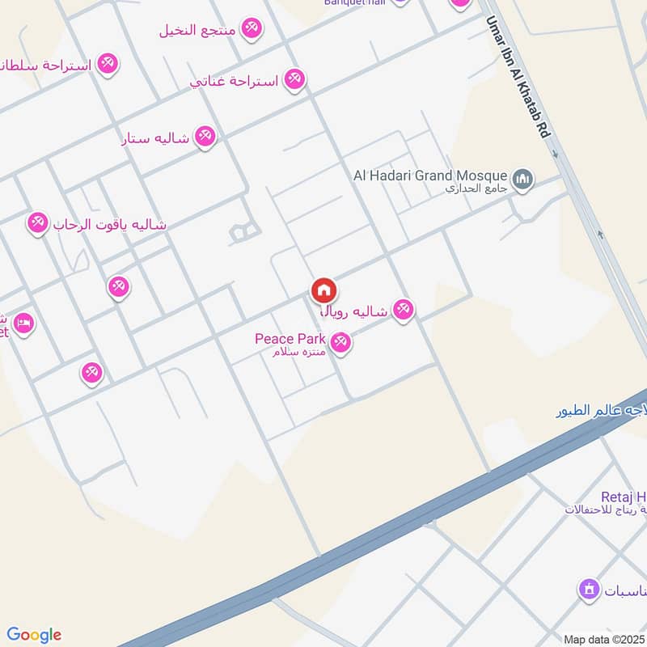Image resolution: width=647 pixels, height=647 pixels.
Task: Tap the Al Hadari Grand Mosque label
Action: (x=430, y=175)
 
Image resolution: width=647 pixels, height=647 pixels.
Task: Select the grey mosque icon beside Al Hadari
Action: (x=523, y=178)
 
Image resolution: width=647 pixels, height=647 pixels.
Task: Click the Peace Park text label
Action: (x=290, y=338)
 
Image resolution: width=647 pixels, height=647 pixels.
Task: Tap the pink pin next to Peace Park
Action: (x=340, y=343)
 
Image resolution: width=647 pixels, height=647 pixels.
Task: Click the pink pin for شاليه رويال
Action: (x=403, y=309)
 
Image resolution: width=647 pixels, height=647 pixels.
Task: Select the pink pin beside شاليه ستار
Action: (x=205, y=137)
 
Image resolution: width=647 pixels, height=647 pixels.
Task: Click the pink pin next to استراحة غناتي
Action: (x=294, y=80)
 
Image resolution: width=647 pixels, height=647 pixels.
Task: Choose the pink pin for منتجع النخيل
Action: (x=252, y=29)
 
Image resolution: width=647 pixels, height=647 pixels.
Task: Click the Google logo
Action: (x=33, y=635)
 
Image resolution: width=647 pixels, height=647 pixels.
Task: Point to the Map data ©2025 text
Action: (x=603, y=639)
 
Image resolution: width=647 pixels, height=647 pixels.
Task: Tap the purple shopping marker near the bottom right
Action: (x=589, y=590)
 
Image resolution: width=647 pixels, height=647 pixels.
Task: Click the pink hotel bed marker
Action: (x=23, y=323)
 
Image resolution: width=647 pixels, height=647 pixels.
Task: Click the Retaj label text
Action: (x=623, y=496)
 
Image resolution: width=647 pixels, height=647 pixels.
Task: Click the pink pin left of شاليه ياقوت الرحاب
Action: (x=38, y=222)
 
